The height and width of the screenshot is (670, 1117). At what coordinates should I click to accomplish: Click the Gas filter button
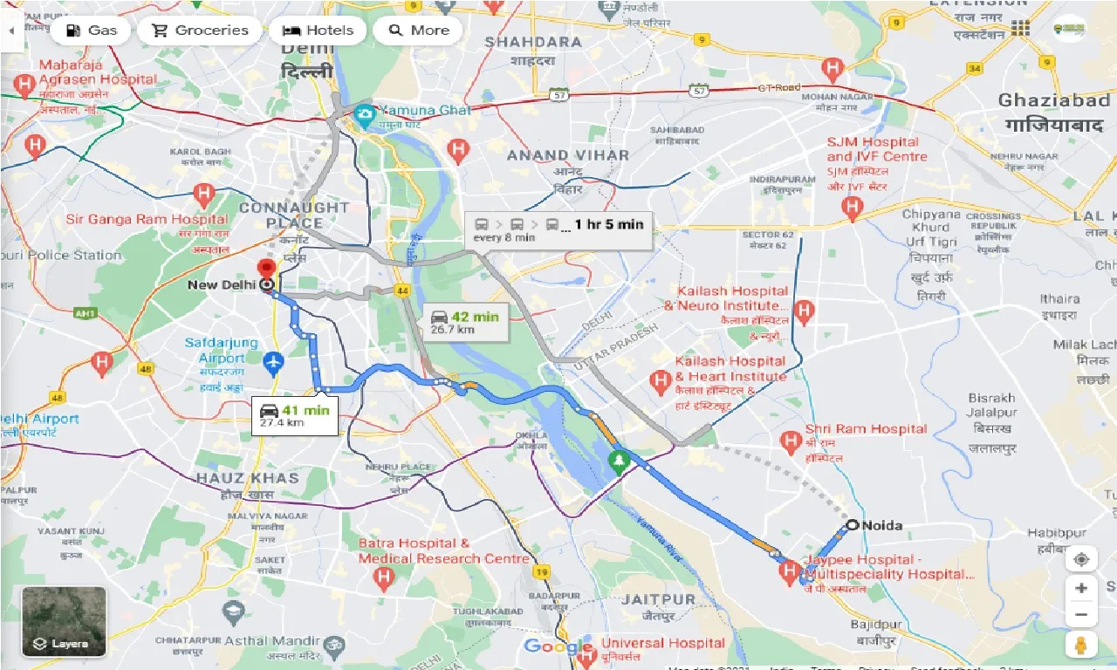click(91, 31)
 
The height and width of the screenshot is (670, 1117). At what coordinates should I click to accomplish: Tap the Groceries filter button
click(200, 31)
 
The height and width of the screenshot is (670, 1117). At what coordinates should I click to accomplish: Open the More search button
click(418, 31)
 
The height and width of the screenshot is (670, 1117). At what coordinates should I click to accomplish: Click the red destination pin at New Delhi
click(267, 269)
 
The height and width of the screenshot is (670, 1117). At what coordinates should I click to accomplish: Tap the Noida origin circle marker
click(852, 525)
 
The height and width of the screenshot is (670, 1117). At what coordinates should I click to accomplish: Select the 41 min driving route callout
click(294, 415)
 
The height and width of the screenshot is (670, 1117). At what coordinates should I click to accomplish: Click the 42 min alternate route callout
click(465, 322)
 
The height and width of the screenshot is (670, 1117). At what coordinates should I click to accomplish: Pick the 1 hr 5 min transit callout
click(558, 229)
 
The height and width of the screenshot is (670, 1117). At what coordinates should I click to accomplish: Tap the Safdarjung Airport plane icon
click(274, 359)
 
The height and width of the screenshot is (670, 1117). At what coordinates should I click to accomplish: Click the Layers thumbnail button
click(65, 621)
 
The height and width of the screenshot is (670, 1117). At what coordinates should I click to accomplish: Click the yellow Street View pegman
click(1080, 645)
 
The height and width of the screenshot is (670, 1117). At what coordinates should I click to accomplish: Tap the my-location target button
click(1081, 559)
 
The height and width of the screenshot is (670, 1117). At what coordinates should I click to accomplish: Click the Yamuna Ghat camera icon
click(365, 113)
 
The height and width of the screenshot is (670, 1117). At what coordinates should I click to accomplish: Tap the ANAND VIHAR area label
click(567, 155)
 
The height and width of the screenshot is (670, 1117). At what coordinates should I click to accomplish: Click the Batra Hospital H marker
click(382, 577)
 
